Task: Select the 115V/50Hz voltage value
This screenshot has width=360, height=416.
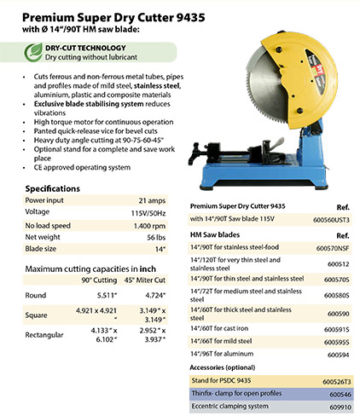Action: [x=148, y=211]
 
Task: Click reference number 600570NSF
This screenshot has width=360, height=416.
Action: [x=333, y=248]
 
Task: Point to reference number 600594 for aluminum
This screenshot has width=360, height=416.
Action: [x=339, y=353]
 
